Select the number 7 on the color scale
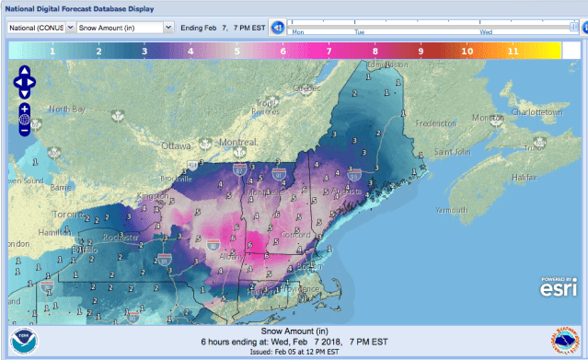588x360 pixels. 329,52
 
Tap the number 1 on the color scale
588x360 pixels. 52,52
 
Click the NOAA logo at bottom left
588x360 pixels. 26,341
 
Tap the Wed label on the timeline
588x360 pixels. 486,31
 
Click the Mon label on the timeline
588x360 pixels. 297,31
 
